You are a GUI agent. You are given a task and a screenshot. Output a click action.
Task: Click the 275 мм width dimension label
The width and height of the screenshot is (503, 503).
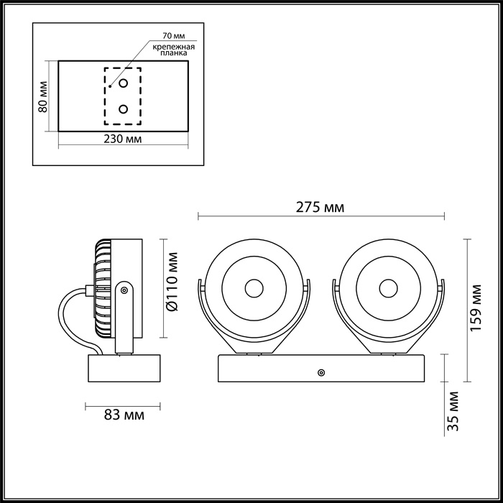[x=320, y=208]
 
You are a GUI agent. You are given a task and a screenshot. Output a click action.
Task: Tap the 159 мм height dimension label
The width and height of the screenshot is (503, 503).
[x=479, y=310]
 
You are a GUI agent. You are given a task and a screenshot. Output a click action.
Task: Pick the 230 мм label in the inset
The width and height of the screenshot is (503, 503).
[x=123, y=137]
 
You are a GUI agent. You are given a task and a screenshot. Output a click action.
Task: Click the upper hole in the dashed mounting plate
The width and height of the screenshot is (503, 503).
[x=123, y=83]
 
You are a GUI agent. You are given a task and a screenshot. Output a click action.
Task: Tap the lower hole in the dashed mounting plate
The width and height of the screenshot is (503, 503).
[x=123, y=109]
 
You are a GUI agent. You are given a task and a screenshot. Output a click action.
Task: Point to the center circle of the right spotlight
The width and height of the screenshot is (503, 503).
[x=389, y=288]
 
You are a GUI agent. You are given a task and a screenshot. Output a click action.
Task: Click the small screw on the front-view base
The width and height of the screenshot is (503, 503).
[x=320, y=372]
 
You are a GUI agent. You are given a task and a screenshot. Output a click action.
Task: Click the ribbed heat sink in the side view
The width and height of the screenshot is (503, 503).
[x=102, y=288]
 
